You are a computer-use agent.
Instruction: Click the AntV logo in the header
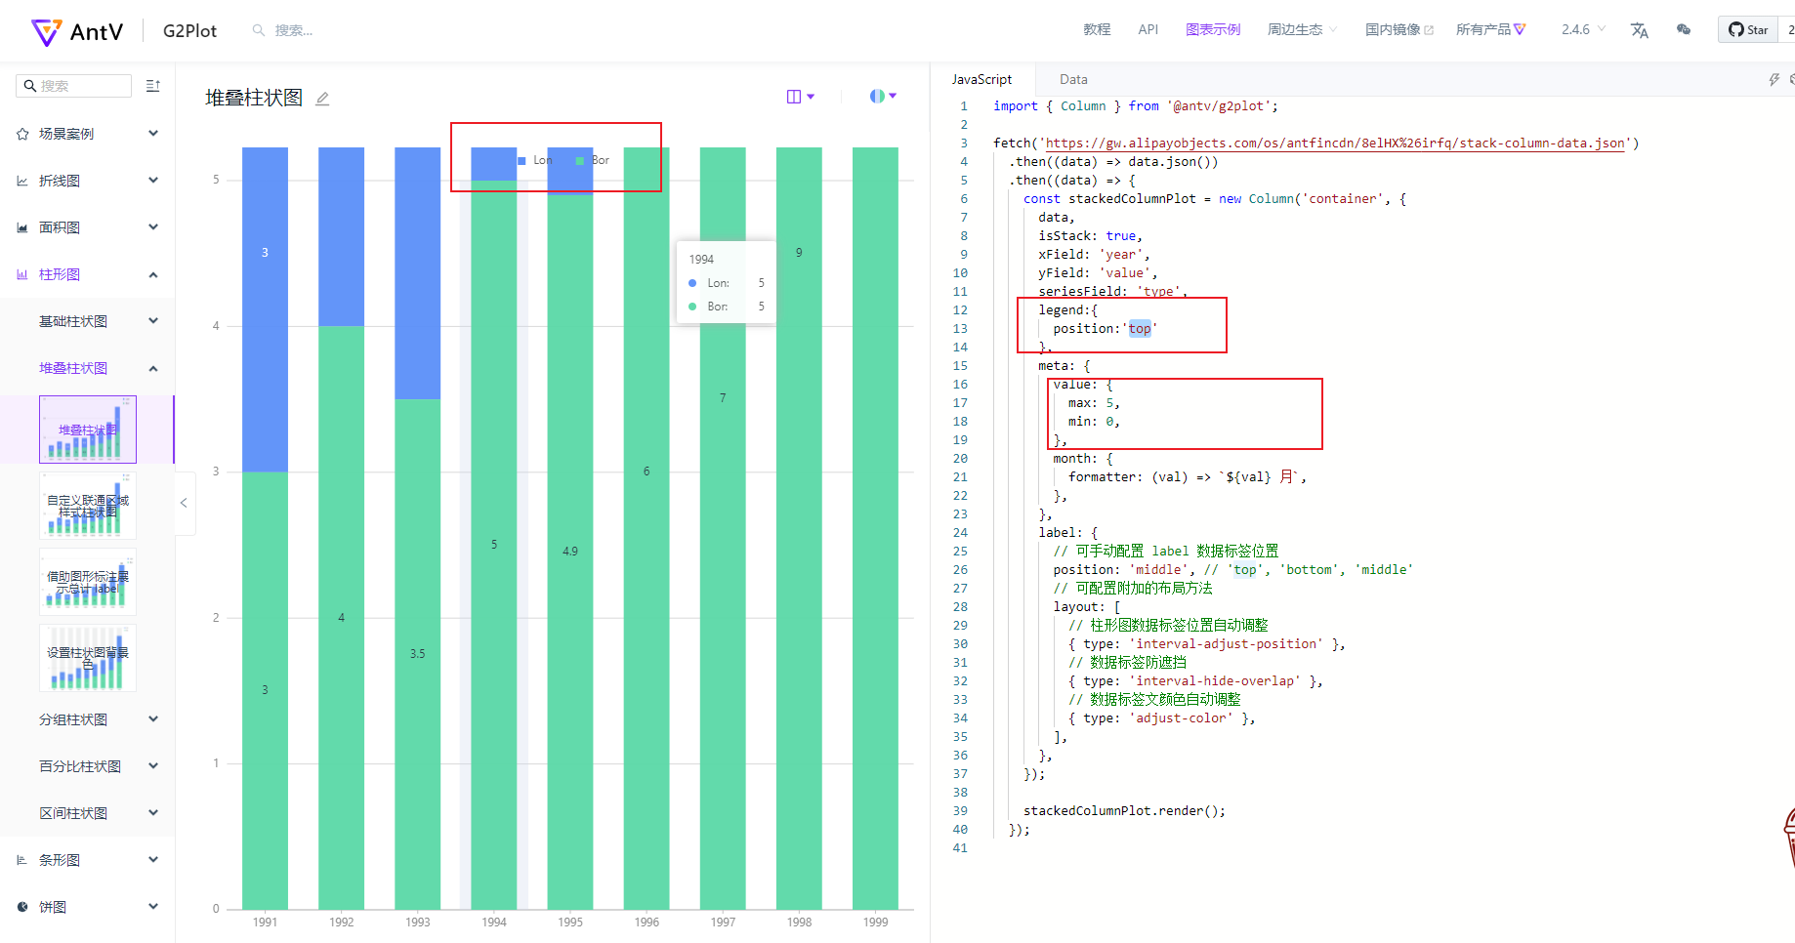click(x=77, y=31)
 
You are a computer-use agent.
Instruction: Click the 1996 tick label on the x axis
click(x=647, y=922)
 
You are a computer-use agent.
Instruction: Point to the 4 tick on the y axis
click(x=216, y=326)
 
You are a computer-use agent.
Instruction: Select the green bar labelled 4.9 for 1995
click(x=570, y=552)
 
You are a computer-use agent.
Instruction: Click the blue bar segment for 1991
click(x=265, y=308)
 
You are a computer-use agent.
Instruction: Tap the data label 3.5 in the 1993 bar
click(x=417, y=654)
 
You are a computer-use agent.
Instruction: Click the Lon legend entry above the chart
click(x=536, y=160)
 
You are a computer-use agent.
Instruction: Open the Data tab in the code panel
click(x=1073, y=79)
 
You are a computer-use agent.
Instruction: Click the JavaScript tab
click(x=981, y=79)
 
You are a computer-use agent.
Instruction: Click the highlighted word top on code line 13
click(x=1140, y=329)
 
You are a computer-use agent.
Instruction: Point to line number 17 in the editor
click(x=960, y=403)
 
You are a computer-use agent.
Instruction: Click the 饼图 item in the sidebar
click(x=53, y=907)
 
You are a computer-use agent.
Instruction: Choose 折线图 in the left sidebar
click(x=60, y=181)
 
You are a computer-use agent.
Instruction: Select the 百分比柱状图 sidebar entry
click(x=80, y=766)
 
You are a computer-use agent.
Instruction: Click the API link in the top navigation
click(x=1148, y=29)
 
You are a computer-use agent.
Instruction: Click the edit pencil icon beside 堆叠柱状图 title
click(x=322, y=99)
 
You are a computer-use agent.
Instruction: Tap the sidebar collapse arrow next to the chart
click(x=184, y=503)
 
